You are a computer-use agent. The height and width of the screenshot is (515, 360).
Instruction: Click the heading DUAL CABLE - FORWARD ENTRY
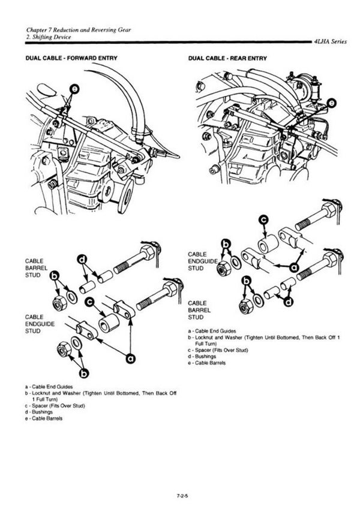pos(71,58)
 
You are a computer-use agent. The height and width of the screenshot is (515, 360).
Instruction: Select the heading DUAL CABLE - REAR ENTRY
pos(227,59)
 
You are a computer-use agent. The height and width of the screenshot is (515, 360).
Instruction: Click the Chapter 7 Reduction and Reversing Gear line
pos(79,30)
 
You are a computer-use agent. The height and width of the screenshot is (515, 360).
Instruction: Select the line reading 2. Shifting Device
pos(49,37)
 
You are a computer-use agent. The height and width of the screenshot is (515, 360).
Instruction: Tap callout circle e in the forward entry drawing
pos(74,89)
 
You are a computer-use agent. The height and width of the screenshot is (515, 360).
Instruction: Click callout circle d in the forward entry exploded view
pos(82,260)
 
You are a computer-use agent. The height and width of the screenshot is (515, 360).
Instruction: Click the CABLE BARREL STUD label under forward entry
pos(36,268)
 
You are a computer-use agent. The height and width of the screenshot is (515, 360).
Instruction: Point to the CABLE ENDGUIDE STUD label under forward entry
pos(40,324)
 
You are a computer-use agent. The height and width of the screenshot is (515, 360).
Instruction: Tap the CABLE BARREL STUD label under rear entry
pos(199,310)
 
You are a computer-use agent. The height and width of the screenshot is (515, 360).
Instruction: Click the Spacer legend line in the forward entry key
pos(55,406)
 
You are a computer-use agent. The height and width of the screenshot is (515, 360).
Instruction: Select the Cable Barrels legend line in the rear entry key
pos(207,363)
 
